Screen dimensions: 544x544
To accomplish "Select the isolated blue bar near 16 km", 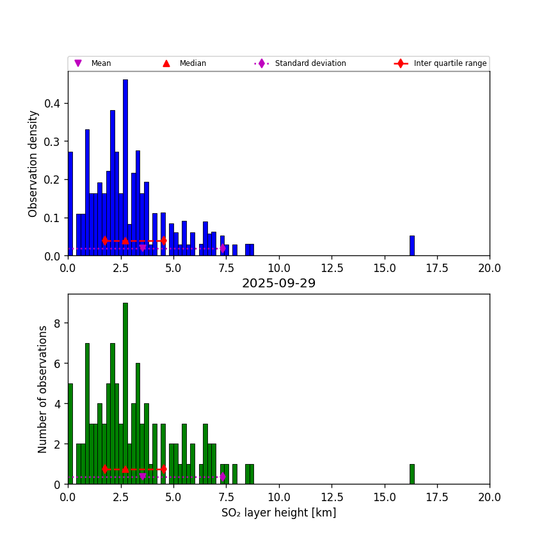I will [x=412, y=246].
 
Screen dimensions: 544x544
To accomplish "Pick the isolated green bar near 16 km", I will [x=412, y=474].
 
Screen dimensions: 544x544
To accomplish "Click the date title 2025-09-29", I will [x=278, y=284].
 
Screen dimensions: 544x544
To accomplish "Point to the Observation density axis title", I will [x=33, y=163].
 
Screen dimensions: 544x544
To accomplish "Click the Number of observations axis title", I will [x=43, y=389].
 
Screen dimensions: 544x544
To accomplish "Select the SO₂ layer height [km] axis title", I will [x=278, y=513].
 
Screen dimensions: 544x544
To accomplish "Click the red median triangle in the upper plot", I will [x=125, y=241].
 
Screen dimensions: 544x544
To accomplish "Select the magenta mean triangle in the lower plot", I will [x=143, y=477].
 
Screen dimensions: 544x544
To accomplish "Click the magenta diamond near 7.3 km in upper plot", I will [x=222, y=248].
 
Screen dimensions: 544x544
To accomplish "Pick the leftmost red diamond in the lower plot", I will [x=105, y=469].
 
